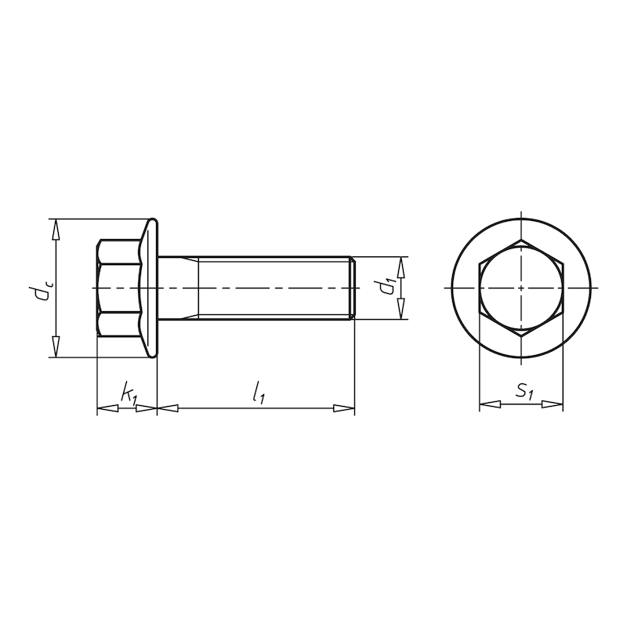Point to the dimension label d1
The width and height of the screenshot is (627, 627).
pyautogui.click(x=386, y=287)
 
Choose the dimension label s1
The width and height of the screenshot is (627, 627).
pyautogui.click(x=524, y=391)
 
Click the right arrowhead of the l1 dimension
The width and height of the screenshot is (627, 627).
pyautogui.click(x=345, y=408)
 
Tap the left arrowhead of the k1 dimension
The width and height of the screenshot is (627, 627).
pyautogui.click(x=105, y=408)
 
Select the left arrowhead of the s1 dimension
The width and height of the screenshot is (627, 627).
pyautogui.click(x=488, y=404)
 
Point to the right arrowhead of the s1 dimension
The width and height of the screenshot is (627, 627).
pyautogui.click(x=553, y=404)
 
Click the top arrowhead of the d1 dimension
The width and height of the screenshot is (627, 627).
pyautogui.click(x=400, y=266)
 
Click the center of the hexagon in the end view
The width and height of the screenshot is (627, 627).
pyautogui.click(x=521, y=288)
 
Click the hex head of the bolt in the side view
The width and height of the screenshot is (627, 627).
pyautogui.click(x=116, y=288)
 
